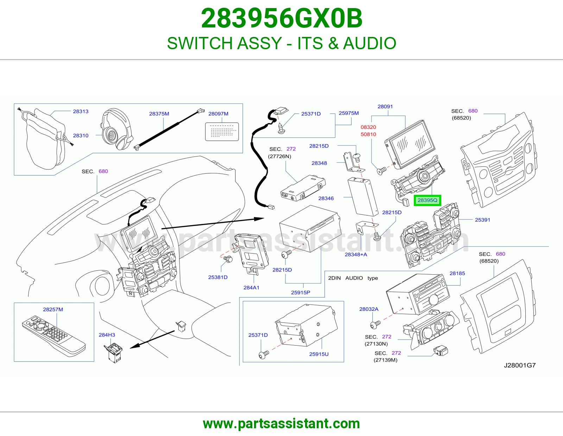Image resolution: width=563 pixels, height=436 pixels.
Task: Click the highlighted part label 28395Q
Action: point(427,200)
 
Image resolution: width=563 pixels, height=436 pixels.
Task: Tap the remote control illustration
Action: point(53,336)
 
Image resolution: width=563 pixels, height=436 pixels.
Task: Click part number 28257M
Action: point(53,309)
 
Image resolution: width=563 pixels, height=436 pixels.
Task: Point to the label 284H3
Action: point(107,335)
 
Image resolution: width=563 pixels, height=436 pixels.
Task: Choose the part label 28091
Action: point(385,107)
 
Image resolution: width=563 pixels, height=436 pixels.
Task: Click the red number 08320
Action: point(368,127)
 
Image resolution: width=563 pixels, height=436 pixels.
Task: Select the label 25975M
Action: point(349,113)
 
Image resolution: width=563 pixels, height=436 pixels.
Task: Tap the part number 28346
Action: point(326,198)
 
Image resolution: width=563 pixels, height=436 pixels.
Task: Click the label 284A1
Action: point(251,287)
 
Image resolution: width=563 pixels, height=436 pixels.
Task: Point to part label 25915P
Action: point(301,293)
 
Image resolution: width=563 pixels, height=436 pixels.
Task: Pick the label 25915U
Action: point(319,354)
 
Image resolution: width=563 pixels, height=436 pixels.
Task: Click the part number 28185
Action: point(457,274)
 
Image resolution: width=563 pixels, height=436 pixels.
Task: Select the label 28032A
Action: point(369,309)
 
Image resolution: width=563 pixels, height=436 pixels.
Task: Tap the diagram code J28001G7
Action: point(520,365)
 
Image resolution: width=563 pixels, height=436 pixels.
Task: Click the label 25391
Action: point(482,220)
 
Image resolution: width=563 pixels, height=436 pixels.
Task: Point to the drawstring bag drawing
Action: point(45,139)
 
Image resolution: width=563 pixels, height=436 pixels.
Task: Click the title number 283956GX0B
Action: point(281,18)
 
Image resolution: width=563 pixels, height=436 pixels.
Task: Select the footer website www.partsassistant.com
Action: point(281,424)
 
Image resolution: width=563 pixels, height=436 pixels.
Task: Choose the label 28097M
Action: point(219,114)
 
